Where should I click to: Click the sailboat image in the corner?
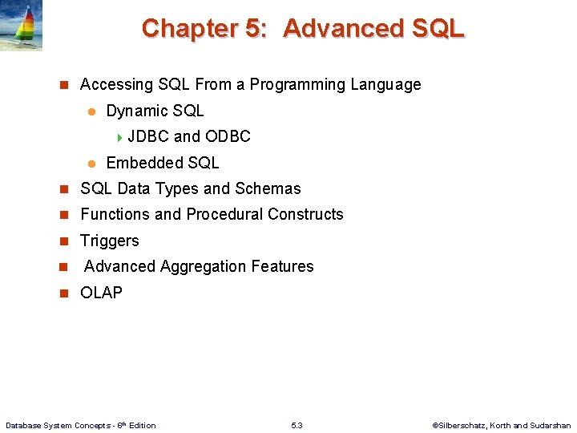pos(21,26)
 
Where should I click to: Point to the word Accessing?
pos(116,85)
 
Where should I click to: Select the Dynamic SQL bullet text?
pos(155,111)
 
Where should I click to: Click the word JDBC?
pos(148,137)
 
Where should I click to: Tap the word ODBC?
pos(228,137)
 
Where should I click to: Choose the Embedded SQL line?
pos(162,163)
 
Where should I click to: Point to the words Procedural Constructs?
pos(264,215)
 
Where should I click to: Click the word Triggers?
pos(110,241)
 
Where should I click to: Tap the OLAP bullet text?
pos(102,293)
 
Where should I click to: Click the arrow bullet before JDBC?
pos(119,137)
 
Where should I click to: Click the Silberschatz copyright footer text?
pos(501,425)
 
